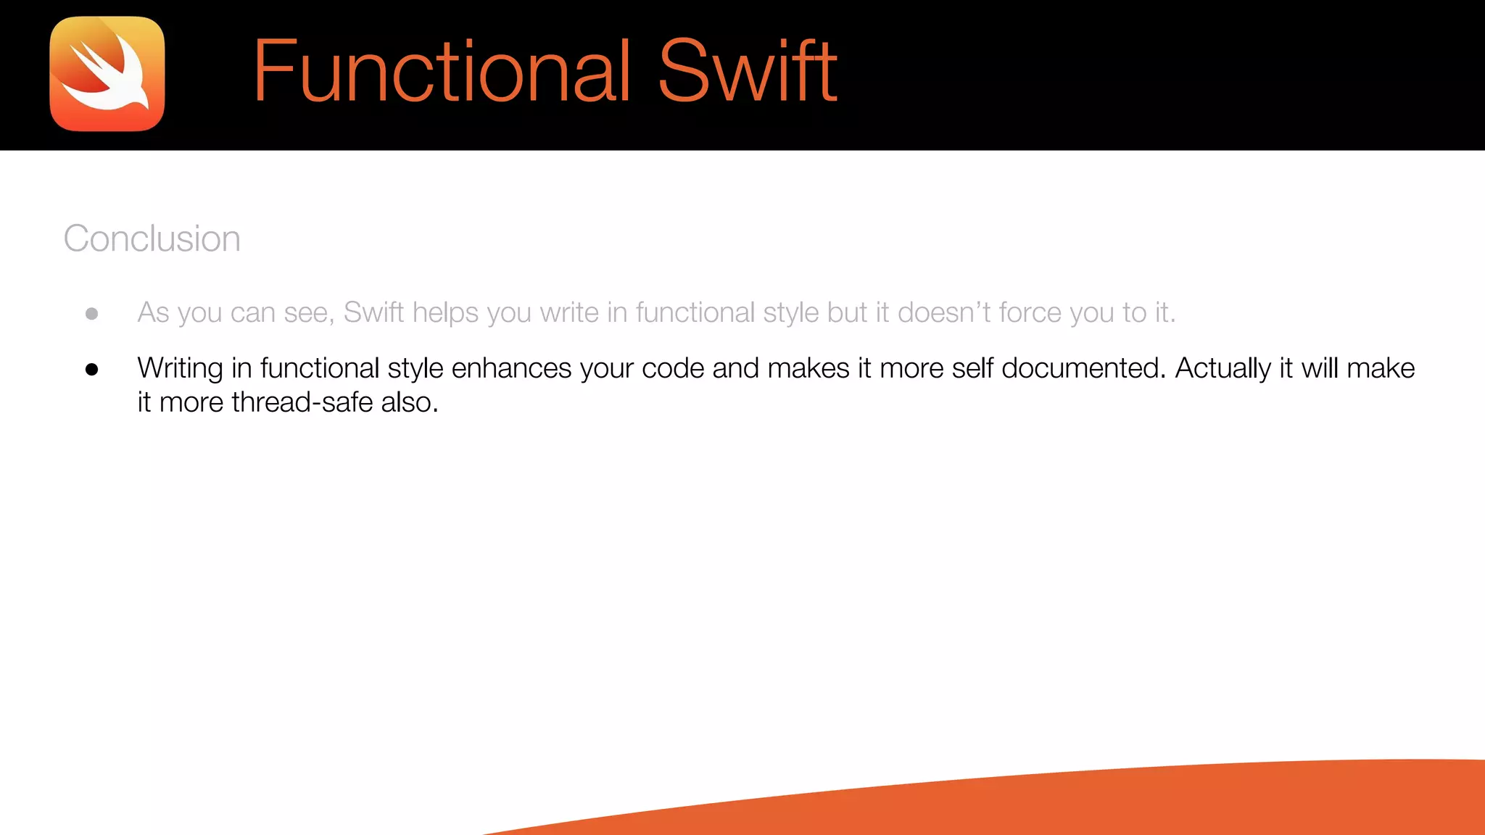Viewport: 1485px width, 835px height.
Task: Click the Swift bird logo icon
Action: pos(107,74)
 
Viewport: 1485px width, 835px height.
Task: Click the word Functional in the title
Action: pos(442,71)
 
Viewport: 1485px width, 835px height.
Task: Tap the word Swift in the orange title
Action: pos(748,71)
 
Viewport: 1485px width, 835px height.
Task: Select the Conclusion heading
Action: pos(152,238)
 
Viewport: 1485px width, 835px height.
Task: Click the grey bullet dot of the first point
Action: pos(92,314)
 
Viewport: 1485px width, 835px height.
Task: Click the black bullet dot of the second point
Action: pos(92,370)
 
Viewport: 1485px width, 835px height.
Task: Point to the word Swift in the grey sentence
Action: pos(373,312)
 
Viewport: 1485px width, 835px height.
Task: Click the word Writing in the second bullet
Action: pos(180,368)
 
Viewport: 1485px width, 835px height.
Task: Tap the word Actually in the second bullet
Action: pos(1223,368)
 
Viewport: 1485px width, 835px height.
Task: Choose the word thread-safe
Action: pos(302,402)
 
